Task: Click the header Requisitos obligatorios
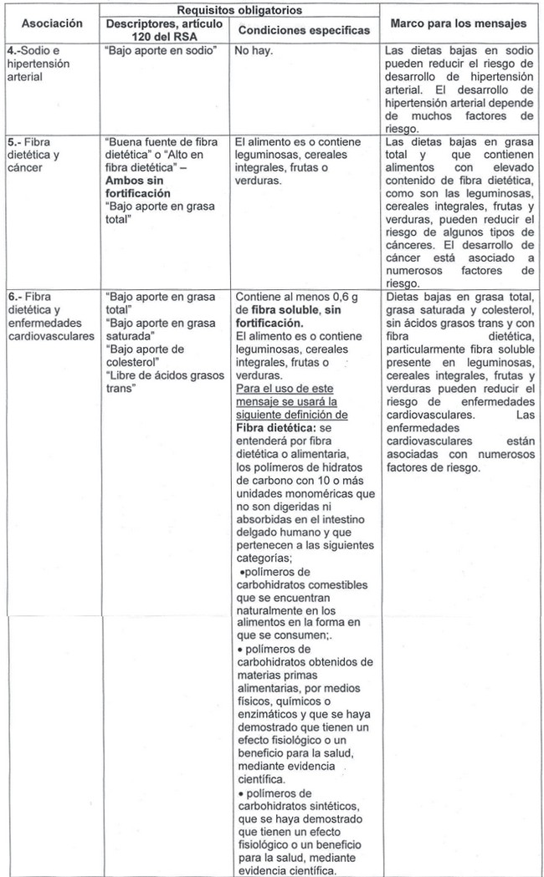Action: (x=239, y=10)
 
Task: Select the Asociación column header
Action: (x=51, y=23)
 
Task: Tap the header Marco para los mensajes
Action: (x=463, y=23)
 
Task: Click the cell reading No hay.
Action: (x=251, y=51)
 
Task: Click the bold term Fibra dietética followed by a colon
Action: (x=275, y=428)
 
